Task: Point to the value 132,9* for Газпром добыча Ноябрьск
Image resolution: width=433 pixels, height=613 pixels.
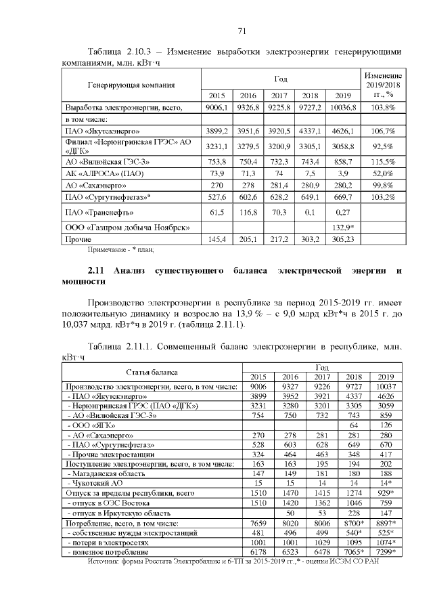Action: [x=343, y=226]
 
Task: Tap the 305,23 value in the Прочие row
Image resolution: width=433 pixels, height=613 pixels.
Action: [x=343, y=239]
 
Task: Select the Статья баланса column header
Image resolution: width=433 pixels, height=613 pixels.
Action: [x=152, y=372]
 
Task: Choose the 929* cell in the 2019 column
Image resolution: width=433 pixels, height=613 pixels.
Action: [x=386, y=494]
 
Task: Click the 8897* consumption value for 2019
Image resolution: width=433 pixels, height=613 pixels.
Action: [x=386, y=524]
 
